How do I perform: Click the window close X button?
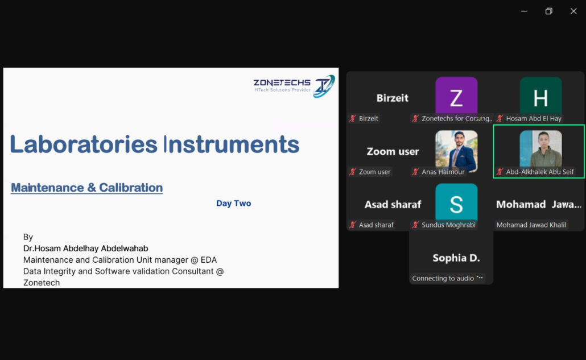[x=573, y=11]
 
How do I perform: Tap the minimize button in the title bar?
[x=524, y=11]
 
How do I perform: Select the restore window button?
[x=548, y=11]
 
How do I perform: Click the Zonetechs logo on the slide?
[x=294, y=86]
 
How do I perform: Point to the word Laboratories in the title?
[x=84, y=144]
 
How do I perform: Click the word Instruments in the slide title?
[x=232, y=144]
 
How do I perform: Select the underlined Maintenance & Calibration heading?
[x=86, y=188]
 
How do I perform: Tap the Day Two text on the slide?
[x=234, y=203]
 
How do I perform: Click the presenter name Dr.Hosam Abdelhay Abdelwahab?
[x=85, y=249]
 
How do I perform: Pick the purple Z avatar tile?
[x=456, y=97]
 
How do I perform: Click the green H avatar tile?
[x=540, y=97]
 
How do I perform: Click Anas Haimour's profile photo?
[x=456, y=150]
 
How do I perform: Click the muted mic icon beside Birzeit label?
[x=352, y=118]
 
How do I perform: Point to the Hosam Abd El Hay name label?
[x=534, y=118]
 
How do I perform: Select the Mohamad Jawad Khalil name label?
[x=531, y=225]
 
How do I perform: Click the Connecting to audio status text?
[x=443, y=278]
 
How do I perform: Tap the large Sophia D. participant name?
[x=456, y=258]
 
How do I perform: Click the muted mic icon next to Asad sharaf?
[x=352, y=225]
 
